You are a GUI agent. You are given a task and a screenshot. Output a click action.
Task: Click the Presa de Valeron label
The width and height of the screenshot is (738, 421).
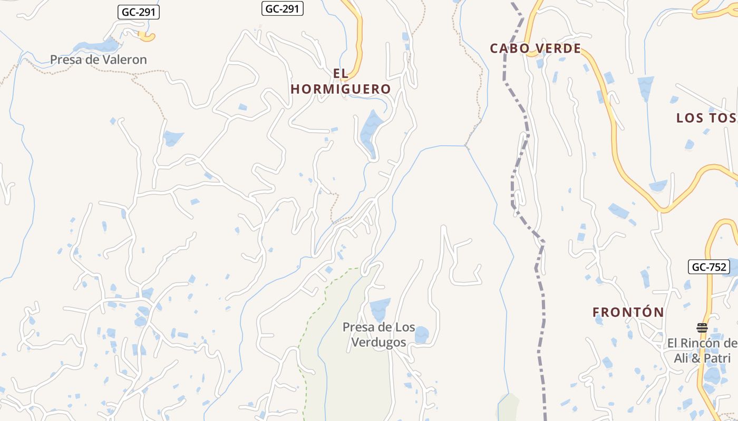click(98, 59)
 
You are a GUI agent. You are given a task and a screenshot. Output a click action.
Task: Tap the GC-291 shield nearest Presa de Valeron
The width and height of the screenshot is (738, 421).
click(138, 12)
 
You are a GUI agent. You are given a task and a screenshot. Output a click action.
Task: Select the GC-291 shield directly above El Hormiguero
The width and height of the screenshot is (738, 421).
click(283, 8)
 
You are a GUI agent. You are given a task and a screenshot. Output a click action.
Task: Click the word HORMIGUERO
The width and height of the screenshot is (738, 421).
click(341, 89)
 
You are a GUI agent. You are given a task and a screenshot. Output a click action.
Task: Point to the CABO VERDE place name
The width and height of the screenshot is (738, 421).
click(535, 48)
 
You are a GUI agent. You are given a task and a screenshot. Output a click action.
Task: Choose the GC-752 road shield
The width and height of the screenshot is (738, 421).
click(709, 267)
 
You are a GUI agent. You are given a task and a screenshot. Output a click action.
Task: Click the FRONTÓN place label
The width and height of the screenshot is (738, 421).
click(628, 312)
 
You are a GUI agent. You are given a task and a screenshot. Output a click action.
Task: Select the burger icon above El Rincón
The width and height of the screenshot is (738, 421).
click(702, 328)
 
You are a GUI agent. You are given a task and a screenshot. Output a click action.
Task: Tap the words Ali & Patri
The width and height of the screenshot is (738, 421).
click(702, 358)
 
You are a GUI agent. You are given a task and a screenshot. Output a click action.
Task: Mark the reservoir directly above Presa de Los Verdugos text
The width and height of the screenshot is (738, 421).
click(380, 308)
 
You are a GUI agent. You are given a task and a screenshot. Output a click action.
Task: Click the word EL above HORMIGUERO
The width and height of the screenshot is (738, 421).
click(341, 73)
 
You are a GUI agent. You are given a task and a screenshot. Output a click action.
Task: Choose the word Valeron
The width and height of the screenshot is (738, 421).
click(124, 59)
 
